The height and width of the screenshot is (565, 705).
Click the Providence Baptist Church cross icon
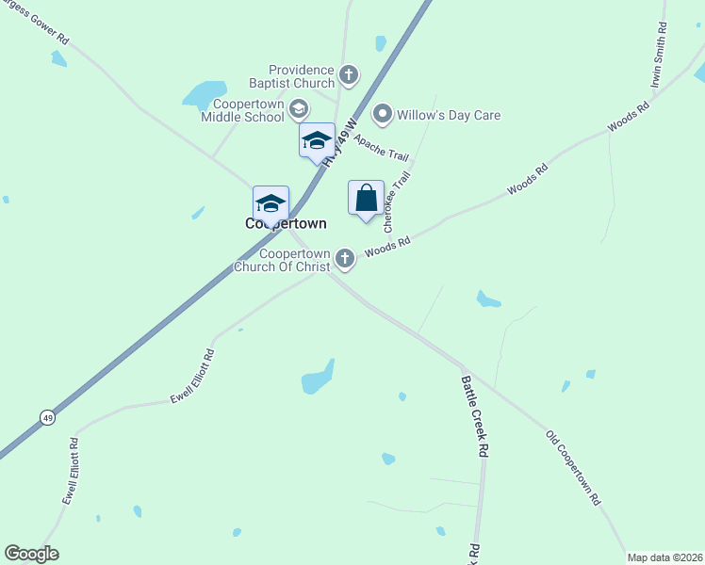coord(349,74)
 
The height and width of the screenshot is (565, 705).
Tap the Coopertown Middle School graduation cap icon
coord(299,109)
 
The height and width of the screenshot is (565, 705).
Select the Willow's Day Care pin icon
coord(383,115)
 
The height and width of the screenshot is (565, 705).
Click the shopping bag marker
coord(366,199)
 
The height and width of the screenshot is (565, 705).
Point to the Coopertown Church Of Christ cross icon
coord(346,257)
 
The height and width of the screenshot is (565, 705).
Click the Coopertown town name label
coord(286,224)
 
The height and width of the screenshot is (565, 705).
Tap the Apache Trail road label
coord(383,148)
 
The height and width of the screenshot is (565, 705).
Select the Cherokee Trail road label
coord(395,202)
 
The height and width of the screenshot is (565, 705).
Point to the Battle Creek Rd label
coord(475,416)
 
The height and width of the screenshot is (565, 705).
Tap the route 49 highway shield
coord(46,416)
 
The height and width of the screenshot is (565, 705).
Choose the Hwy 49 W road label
coord(341,143)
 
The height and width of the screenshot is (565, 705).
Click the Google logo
coord(31,554)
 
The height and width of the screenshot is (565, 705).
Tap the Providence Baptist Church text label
coord(302,76)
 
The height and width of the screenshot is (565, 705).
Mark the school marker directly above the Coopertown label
coord(271,202)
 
